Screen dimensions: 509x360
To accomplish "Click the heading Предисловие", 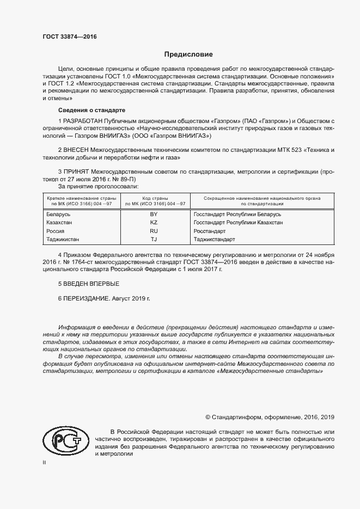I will coord(189,54).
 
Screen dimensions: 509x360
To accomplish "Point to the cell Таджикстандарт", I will coord(214,239).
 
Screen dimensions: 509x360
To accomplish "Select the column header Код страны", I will coord(155,198).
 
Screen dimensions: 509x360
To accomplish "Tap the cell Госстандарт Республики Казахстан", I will coord(238,223).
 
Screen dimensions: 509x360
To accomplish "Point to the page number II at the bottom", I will coord(45,463).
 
